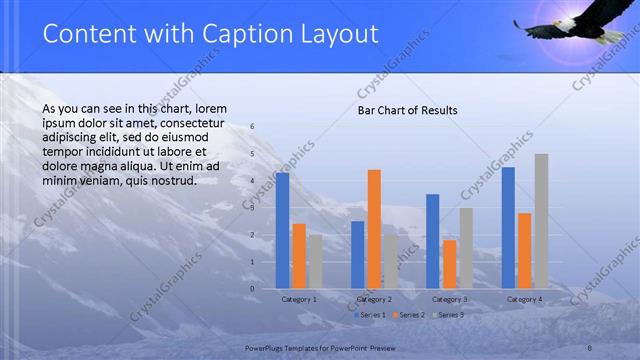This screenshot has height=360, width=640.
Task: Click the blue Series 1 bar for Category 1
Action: coord(282,231)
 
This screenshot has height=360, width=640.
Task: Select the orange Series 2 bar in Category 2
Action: coord(374,229)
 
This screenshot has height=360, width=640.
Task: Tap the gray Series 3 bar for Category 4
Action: coord(541,221)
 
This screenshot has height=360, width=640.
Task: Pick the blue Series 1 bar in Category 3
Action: coord(432,241)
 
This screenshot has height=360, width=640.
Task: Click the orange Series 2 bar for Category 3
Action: coord(449,264)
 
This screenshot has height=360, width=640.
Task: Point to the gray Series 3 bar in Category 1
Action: coord(315,262)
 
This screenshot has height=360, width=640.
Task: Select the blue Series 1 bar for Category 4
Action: coord(508,228)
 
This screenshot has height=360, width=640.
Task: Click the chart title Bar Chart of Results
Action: coord(407,110)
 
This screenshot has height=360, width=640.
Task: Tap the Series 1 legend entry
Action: coord(371,315)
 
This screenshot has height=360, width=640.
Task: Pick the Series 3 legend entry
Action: coord(447,315)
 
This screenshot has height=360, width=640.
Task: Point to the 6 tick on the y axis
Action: coord(252,127)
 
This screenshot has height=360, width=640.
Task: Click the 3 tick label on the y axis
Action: coord(252,208)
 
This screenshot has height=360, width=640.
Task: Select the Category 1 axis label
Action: coord(299,299)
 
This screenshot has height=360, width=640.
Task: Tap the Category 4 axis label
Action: coord(524,299)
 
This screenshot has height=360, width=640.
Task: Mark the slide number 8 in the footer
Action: coord(590,346)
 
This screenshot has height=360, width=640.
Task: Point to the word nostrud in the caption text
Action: coord(173,181)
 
